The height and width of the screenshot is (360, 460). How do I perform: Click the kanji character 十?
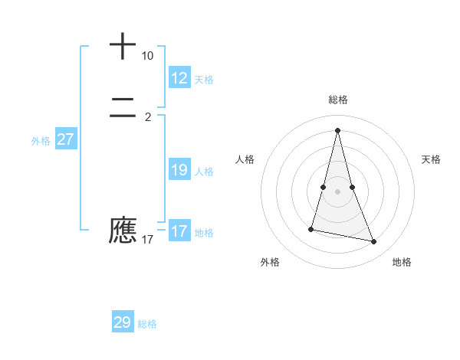pyautogui.click(x=123, y=46)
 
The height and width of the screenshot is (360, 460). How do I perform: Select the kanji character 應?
pyautogui.click(x=123, y=230)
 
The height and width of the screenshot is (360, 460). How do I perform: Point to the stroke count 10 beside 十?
pyautogui.click(x=147, y=56)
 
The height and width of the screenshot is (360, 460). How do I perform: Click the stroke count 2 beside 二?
pyautogui.click(x=147, y=116)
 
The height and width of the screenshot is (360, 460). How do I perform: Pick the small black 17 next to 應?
pyautogui.click(x=147, y=240)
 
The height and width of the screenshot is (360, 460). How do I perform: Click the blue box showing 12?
pyautogui.click(x=179, y=77)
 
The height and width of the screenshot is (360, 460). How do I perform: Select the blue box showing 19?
pyautogui.click(x=179, y=170)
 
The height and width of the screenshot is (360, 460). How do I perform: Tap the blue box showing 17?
pyautogui.click(x=179, y=231)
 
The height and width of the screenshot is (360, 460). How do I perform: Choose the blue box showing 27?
pyautogui.click(x=65, y=139)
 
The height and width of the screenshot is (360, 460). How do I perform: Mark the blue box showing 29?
pyautogui.click(x=122, y=322)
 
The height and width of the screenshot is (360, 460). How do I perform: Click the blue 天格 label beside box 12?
pyautogui.click(x=204, y=79)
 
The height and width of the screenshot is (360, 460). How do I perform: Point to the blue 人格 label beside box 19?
pyautogui.click(x=204, y=172)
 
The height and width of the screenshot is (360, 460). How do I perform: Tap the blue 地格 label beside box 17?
pyautogui.click(x=204, y=233)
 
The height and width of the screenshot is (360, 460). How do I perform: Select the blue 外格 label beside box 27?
pyautogui.click(x=41, y=141)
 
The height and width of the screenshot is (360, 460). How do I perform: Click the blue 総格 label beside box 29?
pyautogui.click(x=147, y=324)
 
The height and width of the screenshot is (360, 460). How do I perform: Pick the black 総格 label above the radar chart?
pyautogui.click(x=338, y=100)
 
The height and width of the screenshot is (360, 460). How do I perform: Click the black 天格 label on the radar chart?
pyautogui.click(x=431, y=159)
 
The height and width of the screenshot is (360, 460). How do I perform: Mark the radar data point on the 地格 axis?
pyautogui.click(x=374, y=242)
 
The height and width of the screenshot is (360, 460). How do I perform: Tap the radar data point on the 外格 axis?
pyautogui.click(x=311, y=228)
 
